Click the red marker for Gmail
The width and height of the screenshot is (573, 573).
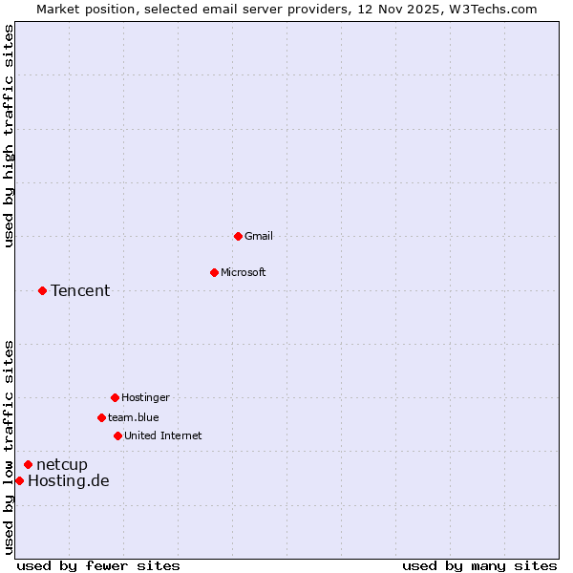click(238, 236)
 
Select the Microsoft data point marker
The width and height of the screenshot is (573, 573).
click(214, 272)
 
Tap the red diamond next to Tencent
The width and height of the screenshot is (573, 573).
click(42, 290)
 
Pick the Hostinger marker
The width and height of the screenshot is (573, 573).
click(115, 397)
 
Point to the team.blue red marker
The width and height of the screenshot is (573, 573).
click(101, 417)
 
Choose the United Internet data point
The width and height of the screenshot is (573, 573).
click(117, 435)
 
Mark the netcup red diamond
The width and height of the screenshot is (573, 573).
click(28, 464)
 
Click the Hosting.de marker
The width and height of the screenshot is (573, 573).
click(19, 480)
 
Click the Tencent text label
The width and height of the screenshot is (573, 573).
click(80, 290)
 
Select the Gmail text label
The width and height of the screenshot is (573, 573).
click(259, 236)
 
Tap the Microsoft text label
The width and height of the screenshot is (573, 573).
click(244, 272)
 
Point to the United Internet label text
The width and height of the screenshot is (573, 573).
click(163, 435)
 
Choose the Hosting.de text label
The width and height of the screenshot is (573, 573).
click(69, 480)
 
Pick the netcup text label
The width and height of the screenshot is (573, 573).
click(62, 464)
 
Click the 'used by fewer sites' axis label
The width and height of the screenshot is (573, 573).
click(98, 565)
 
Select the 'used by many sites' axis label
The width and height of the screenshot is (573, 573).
click(479, 565)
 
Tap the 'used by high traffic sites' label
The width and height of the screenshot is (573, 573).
click(10, 137)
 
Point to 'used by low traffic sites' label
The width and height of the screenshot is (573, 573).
click(10, 447)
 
